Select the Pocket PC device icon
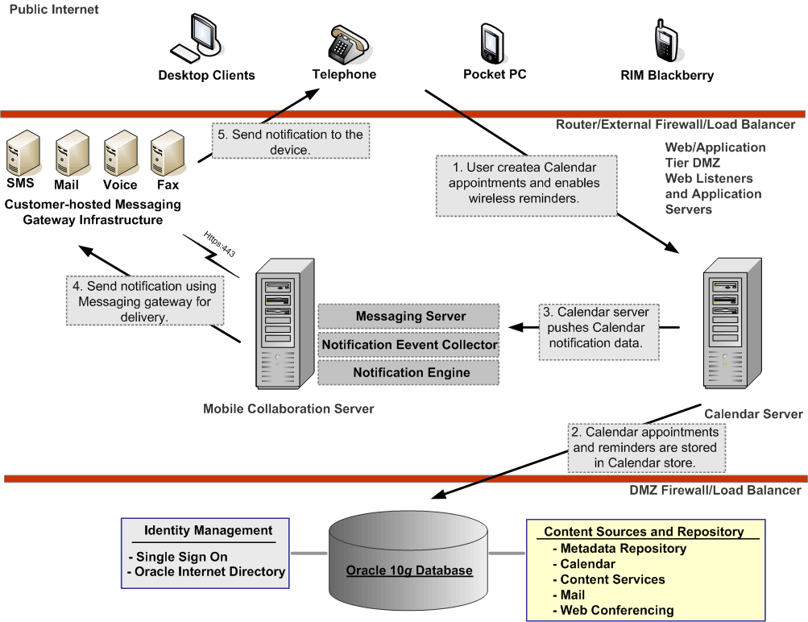pyautogui.click(x=492, y=43)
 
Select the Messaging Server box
pyautogui.click(x=410, y=317)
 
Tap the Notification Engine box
pyautogui.click(x=410, y=372)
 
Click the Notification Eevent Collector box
pyautogui.click(x=410, y=345)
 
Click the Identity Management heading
pyautogui.click(x=208, y=530)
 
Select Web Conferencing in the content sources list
pyautogui.click(x=616, y=610)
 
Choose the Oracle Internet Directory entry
pyautogui.click(x=209, y=571)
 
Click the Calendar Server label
pyautogui.click(x=753, y=414)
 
